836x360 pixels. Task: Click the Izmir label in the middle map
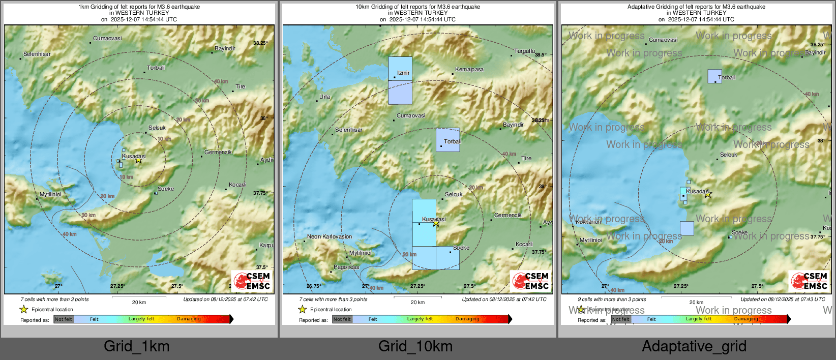403,73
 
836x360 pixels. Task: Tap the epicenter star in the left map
138,160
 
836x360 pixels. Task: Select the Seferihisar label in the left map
37,54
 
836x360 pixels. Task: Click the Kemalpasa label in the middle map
469,69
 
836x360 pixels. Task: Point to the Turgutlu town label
524,51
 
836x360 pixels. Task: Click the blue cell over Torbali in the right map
714,76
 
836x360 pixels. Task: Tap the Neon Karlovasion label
330,236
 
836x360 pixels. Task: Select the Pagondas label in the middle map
346,267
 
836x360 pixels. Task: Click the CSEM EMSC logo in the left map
252,281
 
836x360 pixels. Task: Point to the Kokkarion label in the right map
588,222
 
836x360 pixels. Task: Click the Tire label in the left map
241,86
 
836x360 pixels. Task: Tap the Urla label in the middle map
324,97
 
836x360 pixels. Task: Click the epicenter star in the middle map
435,223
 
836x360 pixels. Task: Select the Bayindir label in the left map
225,48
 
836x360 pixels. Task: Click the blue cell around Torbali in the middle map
448,140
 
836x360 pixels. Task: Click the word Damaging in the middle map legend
467,319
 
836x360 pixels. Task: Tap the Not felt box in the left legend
64,319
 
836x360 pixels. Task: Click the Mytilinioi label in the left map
50,195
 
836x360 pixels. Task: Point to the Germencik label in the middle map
507,215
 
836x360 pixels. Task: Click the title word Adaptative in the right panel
643,7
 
